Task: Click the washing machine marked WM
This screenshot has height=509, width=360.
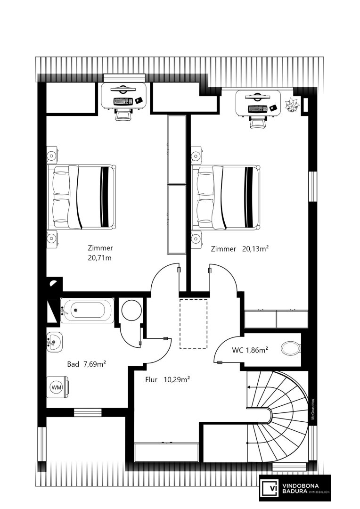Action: [x=57, y=387]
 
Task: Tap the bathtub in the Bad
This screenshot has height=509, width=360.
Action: [x=87, y=310]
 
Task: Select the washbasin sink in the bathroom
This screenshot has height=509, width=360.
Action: [x=54, y=342]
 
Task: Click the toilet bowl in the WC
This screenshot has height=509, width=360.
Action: [x=292, y=349]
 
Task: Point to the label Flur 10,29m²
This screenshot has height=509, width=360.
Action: [x=167, y=379]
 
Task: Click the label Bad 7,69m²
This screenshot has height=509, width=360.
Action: [x=86, y=364]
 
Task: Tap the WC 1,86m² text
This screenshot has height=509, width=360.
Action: [x=250, y=350]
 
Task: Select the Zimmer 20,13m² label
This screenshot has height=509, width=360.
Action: [x=240, y=249]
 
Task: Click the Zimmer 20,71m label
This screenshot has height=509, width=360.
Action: [x=100, y=253]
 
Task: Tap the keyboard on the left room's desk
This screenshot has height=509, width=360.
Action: [x=123, y=101]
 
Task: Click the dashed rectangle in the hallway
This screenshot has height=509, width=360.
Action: [x=194, y=324]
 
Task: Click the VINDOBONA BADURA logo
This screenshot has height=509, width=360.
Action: [x=295, y=488]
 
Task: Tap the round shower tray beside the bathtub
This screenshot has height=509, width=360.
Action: [x=131, y=310]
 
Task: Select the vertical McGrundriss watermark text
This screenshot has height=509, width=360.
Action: [x=313, y=410]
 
